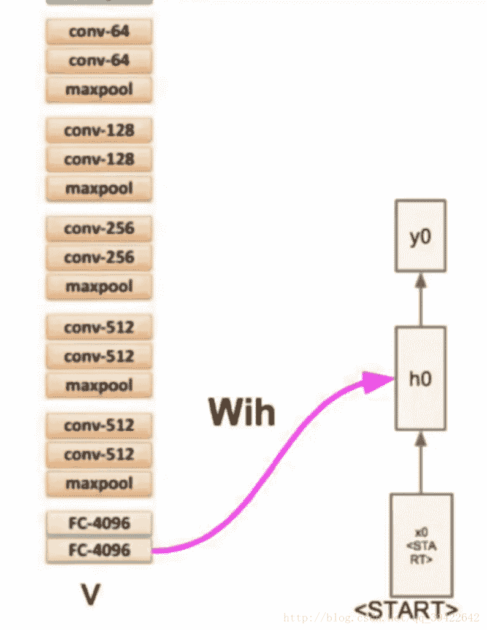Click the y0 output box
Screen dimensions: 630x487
click(420, 236)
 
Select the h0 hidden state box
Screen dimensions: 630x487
click(420, 378)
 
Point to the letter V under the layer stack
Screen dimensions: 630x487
click(91, 594)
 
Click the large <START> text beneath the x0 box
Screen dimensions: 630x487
click(407, 609)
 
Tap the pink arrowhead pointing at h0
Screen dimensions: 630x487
click(375, 382)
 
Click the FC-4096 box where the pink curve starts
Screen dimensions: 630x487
click(99, 550)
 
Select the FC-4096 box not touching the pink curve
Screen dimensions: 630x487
click(99, 523)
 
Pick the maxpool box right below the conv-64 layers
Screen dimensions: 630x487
click(99, 90)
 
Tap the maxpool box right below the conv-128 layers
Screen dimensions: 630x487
click(99, 188)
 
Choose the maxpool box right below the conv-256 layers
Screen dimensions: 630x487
click(99, 286)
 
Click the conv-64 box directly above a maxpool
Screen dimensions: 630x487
click(99, 61)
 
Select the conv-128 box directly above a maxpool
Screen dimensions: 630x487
click(99, 159)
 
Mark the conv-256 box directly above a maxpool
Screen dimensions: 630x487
click(99, 258)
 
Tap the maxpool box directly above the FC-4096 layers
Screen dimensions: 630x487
click(99, 483)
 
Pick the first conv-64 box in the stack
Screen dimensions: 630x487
click(99, 30)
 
